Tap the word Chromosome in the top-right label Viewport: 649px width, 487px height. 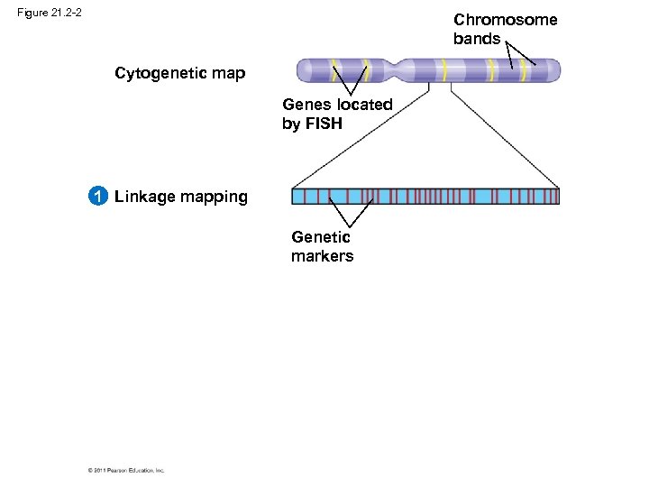[x=505, y=20]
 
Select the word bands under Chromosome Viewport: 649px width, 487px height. [x=476, y=39]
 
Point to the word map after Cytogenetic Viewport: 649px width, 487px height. [x=227, y=74]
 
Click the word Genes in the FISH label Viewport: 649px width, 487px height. [x=307, y=105]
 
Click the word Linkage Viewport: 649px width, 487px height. [x=144, y=197]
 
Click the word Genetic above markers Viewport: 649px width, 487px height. [x=320, y=237]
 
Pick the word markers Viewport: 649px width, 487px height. [x=322, y=256]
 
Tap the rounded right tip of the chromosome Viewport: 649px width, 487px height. [x=555, y=70]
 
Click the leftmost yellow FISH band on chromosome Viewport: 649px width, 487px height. [x=334, y=70]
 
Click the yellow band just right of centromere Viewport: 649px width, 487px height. [x=444, y=70]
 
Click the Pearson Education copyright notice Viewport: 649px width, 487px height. [x=126, y=470]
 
